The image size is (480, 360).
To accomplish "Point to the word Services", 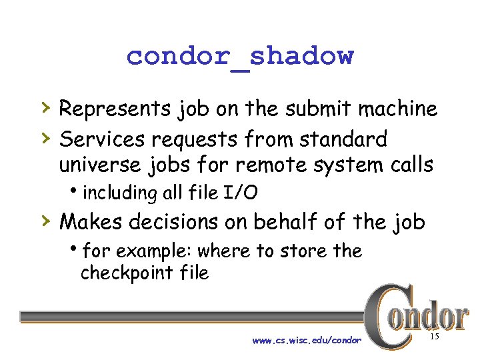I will [102, 139].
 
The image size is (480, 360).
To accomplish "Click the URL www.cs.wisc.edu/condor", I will [307, 341].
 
